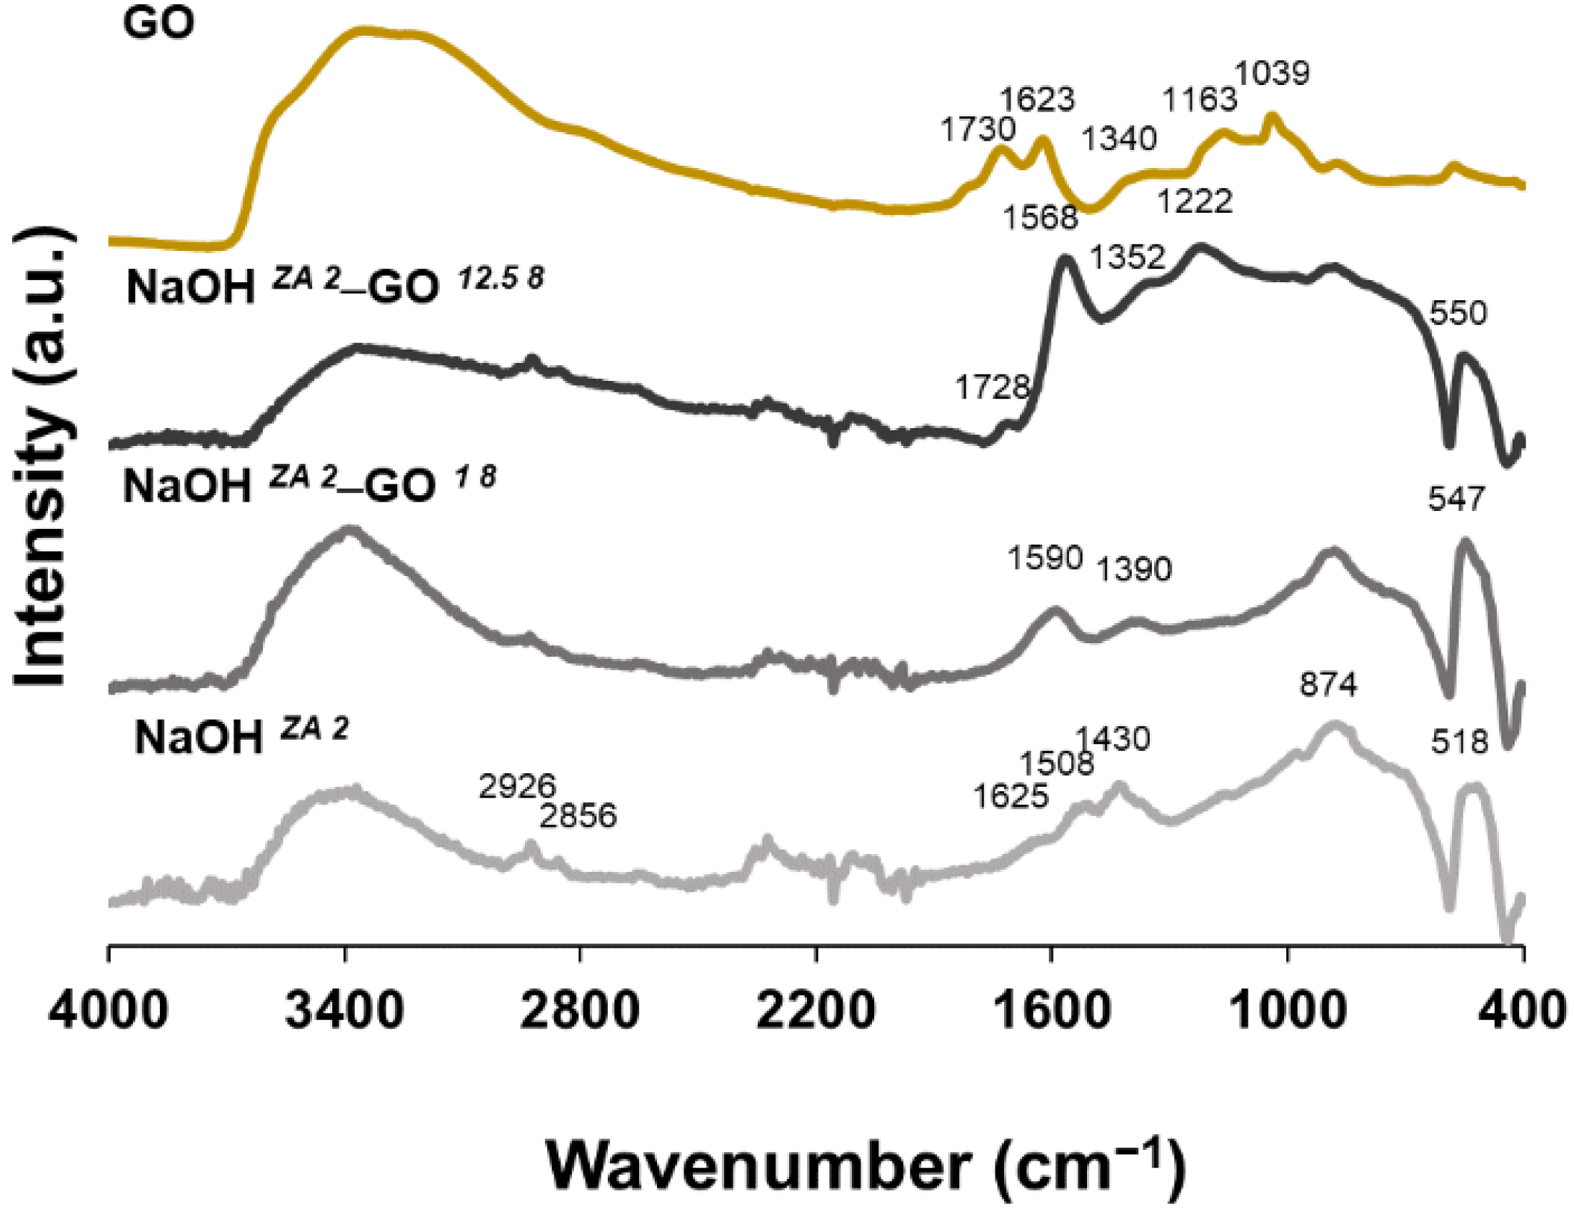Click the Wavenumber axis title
click(x=866, y=1164)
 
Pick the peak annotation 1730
click(x=978, y=131)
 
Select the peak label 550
click(x=1459, y=314)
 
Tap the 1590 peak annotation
click(x=1046, y=558)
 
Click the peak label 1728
click(x=993, y=388)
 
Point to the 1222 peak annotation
click(x=1195, y=201)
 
